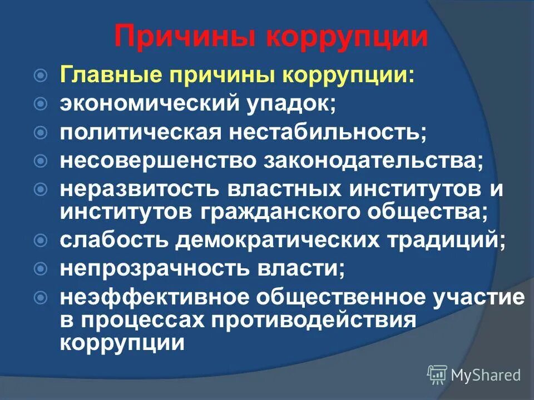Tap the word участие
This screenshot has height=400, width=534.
tap(477, 298)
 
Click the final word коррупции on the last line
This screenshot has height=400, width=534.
tap(122, 342)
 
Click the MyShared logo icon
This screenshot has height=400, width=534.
tap(437, 375)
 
